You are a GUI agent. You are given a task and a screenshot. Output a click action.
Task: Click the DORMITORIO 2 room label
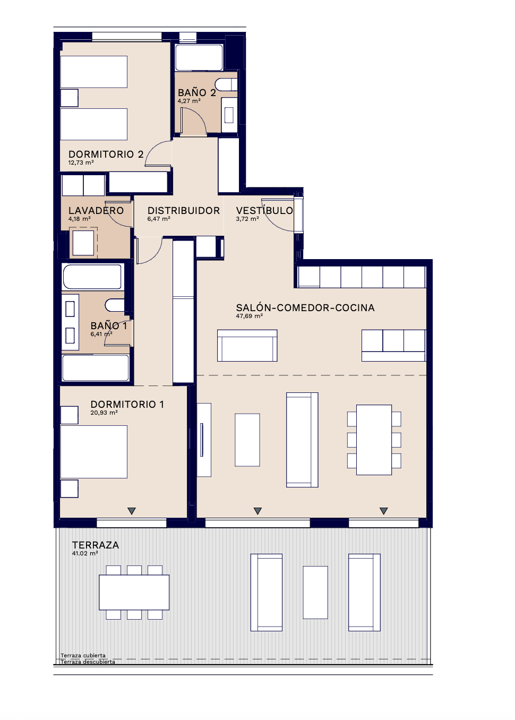pos(106,155)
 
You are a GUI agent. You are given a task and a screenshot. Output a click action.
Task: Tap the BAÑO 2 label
pos(197,92)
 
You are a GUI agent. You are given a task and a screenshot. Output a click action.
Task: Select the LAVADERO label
pos(96,211)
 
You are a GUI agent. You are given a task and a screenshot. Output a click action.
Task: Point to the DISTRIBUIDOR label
pos(184,211)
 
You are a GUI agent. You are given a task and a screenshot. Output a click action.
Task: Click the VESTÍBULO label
pos(264,210)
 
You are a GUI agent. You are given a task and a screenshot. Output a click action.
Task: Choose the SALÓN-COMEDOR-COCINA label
pos(305,307)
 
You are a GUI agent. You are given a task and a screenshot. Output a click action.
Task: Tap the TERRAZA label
pos(96,545)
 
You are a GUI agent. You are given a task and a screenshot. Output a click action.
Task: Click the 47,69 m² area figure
pos(250,316)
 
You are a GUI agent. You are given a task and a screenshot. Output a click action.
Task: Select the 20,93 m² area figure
pos(104,413)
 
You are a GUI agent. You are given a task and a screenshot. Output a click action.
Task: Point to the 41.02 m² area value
pos(85,553)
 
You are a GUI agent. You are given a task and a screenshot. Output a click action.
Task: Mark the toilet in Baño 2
pos(226,84)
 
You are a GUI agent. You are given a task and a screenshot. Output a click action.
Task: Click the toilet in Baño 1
pos(115,305)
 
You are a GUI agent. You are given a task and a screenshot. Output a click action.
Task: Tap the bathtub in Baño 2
pos(199,57)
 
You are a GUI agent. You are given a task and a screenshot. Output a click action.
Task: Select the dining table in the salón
pos(374,440)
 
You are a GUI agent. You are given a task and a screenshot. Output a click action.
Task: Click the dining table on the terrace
pos(134,593)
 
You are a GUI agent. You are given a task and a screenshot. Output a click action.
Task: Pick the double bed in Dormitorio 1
pos(93,452)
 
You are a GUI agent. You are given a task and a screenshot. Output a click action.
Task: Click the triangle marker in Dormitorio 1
pos(132,511)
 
